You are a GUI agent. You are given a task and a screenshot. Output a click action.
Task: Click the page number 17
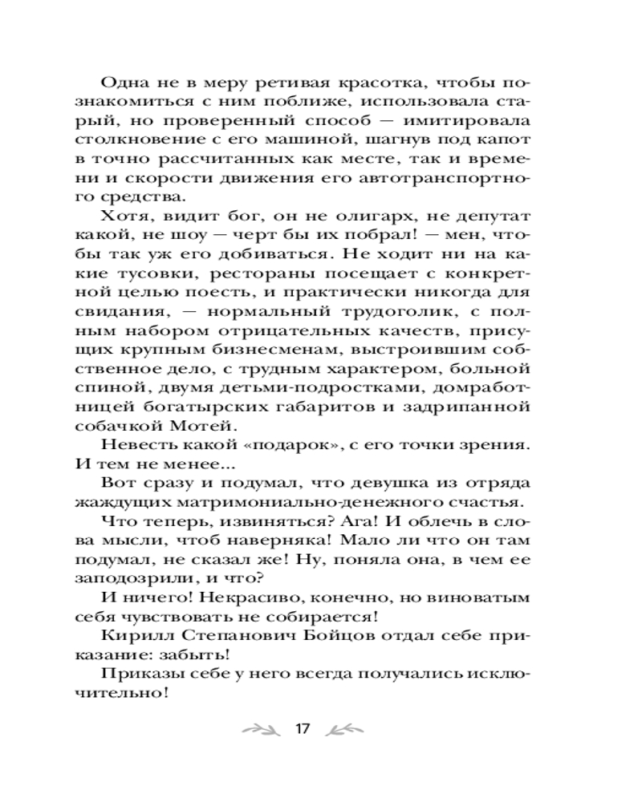coord(302,729)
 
